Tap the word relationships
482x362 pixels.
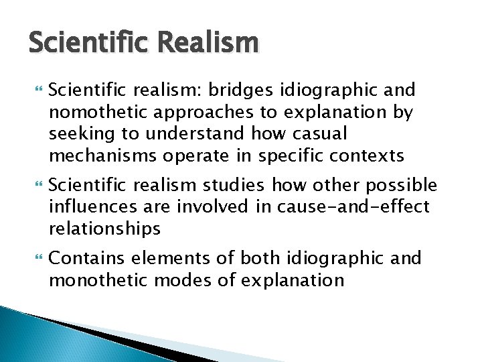pos(104,229)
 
